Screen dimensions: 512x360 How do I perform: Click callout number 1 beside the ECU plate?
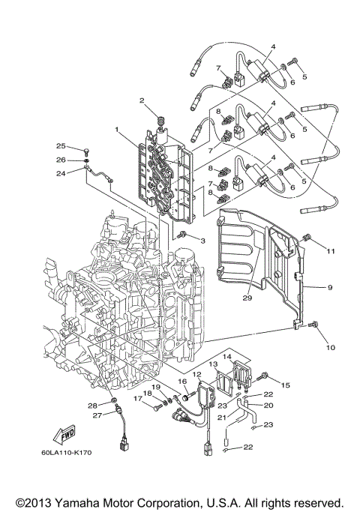(116, 130)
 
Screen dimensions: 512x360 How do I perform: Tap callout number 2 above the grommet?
(140, 100)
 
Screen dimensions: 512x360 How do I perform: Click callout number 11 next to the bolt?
(331, 251)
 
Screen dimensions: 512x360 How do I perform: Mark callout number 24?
(61, 173)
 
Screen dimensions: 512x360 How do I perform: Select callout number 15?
(285, 385)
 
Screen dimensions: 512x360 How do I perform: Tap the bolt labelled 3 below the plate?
(182, 236)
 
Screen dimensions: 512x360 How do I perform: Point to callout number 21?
(222, 418)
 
